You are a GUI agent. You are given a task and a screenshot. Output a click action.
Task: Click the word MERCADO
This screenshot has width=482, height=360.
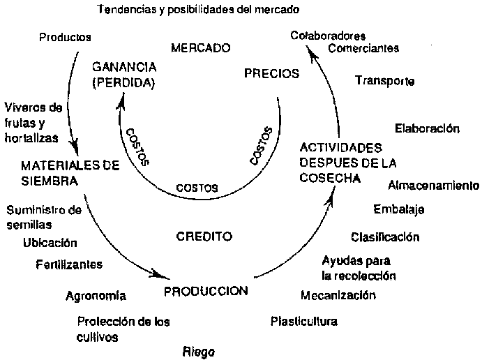point(201,49)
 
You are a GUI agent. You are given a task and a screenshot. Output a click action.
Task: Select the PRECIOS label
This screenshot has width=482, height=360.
point(271,73)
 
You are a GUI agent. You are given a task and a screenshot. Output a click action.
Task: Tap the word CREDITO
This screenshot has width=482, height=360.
point(204,236)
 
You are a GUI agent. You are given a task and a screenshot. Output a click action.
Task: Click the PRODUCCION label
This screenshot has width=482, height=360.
point(206,290)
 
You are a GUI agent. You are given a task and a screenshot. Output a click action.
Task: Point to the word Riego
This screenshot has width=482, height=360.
point(199,351)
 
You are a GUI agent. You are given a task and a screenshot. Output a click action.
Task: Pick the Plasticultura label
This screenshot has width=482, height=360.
point(303,322)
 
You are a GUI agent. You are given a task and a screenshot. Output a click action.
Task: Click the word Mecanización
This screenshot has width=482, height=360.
point(338,295)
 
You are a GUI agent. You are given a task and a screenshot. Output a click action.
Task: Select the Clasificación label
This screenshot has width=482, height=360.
point(385,237)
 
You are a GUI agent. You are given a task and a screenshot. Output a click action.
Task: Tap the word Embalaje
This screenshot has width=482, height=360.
point(399,209)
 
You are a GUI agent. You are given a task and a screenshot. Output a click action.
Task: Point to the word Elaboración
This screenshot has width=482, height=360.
point(427,128)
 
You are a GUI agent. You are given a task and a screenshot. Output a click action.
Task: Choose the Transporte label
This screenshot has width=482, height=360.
point(385,81)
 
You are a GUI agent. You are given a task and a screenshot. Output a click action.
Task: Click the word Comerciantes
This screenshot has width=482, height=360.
point(363,49)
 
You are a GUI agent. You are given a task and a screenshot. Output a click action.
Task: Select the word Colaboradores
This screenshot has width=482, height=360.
point(329,36)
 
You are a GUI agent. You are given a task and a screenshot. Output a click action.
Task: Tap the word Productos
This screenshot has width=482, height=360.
point(66,37)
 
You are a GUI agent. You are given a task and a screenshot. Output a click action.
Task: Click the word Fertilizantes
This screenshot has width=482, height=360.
point(69,264)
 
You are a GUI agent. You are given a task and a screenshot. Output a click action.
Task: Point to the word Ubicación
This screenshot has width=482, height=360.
point(50,243)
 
